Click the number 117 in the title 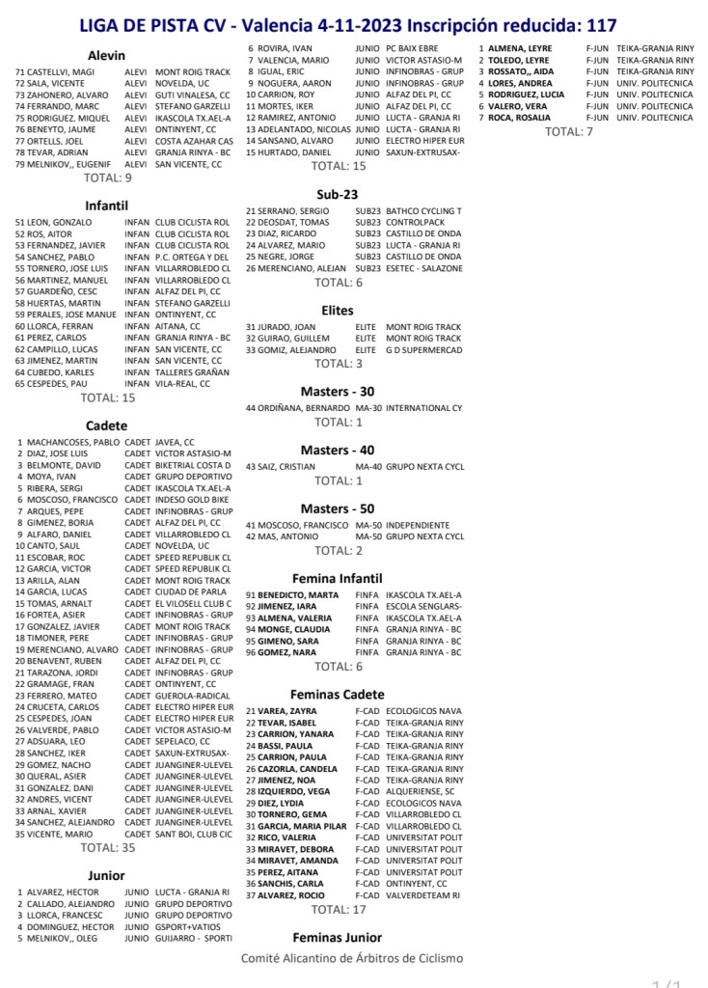pyautogui.click(x=596, y=25)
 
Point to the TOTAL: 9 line pyautogui.click(x=108, y=178)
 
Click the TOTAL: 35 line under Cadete pyautogui.click(x=108, y=847)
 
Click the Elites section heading pyautogui.click(x=338, y=311)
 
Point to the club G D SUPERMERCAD pyautogui.click(x=423, y=350)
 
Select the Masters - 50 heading pyautogui.click(x=338, y=508)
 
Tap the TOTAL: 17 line pyautogui.click(x=339, y=909)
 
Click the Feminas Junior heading pyautogui.click(x=338, y=937)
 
